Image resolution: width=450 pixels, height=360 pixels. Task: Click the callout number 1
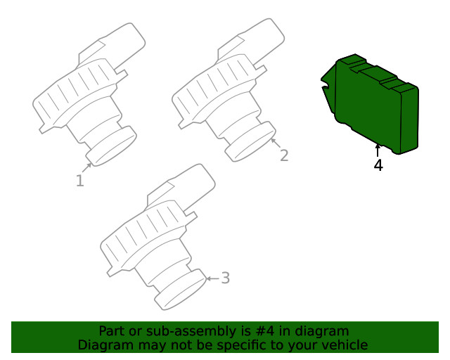pyautogui.click(x=80, y=181)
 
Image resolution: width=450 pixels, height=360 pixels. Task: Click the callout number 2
pyautogui.click(x=284, y=155)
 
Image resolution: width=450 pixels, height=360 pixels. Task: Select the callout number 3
pyautogui.click(x=226, y=278)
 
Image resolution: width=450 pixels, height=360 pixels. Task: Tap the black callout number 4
pyautogui.click(x=378, y=165)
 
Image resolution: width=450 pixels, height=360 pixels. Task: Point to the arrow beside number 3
pyautogui.click(x=212, y=278)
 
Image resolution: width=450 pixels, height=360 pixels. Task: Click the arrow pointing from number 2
pyautogui.click(x=276, y=143)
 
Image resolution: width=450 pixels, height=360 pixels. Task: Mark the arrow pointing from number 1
pyautogui.click(x=87, y=167)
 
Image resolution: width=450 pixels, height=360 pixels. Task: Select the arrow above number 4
pyautogui.click(x=378, y=150)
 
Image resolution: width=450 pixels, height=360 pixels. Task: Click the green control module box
pyautogui.click(x=371, y=104)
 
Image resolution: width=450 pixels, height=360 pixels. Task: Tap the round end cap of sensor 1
pyautogui.click(x=111, y=146)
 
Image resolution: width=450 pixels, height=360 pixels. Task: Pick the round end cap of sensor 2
pyautogui.click(x=250, y=142)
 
